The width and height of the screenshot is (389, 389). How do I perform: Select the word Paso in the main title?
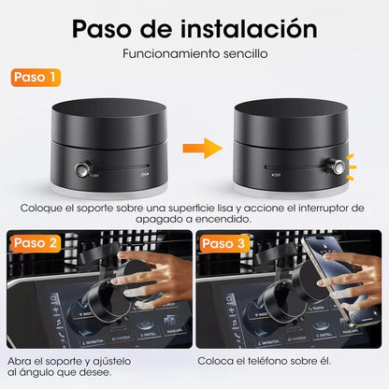[105, 27]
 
